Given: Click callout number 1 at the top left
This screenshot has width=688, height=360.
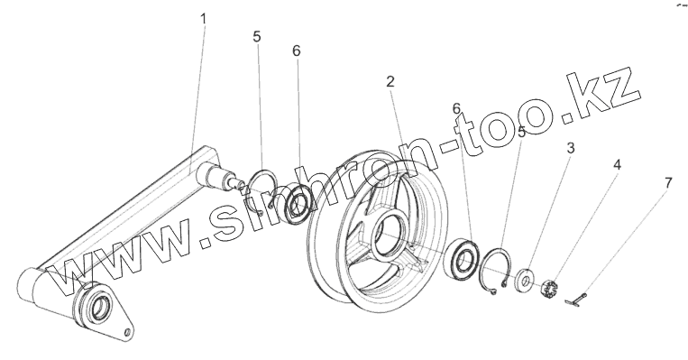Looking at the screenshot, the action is [203, 19].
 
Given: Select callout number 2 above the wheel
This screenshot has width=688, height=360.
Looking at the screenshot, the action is [390, 82].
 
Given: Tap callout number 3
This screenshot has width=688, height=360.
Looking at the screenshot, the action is [570, 148].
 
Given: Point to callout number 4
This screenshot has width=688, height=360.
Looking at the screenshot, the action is [618, 165].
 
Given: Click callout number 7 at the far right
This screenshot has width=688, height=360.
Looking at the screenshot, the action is [668, 183].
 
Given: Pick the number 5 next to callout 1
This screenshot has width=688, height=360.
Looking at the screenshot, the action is [257, 36].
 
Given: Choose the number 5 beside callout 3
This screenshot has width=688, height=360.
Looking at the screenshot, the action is [521, 132].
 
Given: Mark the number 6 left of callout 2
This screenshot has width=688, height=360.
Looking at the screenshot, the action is [297, 51].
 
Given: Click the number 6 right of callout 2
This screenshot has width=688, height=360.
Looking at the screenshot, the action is [457, 108].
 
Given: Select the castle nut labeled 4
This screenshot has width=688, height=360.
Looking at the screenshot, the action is [550, 289].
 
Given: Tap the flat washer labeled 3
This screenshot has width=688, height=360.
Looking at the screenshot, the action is [524, 279].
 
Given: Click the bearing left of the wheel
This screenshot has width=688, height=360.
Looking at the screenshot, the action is [298, 202].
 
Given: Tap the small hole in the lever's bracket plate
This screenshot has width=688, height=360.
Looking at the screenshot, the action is [128, 332].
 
